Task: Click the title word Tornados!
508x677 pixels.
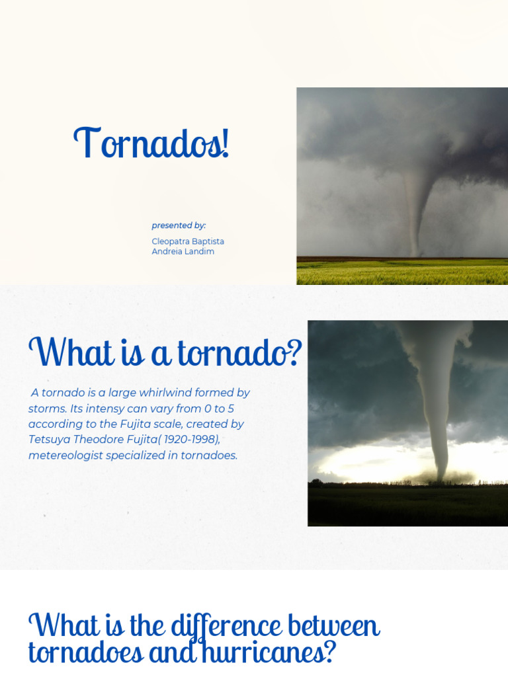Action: [151, 143]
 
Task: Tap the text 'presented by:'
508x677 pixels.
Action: [179, 225]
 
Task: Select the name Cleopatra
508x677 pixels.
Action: [171, 241]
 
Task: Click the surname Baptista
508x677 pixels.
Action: [208, 241]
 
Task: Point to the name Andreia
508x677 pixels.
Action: [166, 251]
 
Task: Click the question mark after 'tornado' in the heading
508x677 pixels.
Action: [294, 354]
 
